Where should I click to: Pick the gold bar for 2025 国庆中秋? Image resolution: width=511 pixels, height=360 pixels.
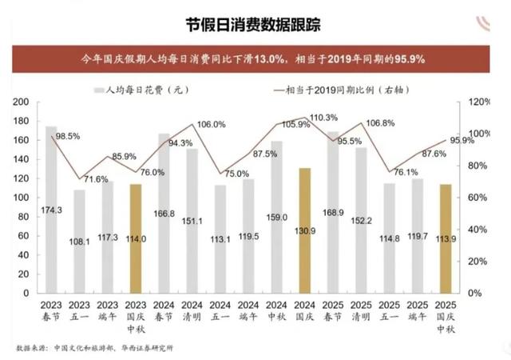[x=446, y=238]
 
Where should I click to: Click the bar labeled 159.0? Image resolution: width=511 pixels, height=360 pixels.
[x=276, y=217]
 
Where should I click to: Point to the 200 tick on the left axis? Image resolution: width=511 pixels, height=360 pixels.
[x=22, y=102]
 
